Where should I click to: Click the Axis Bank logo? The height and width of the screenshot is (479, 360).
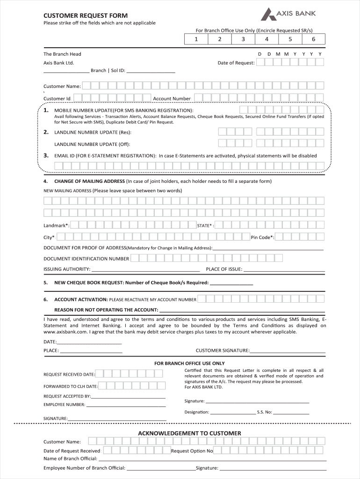(x=288, y=15)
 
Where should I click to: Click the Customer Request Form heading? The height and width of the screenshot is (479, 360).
(x=86, y=15)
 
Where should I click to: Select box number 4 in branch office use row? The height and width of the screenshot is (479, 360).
(x=266, y=39)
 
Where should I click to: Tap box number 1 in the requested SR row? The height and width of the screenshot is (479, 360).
(x=196, y=39)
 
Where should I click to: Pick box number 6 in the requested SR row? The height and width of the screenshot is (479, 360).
(x=313, y=39)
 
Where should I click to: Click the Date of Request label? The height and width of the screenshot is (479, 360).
(x=236, y=63)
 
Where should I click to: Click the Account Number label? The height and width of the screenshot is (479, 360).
(x=172, y=99)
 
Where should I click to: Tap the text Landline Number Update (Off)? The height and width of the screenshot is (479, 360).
(x=92, y=144)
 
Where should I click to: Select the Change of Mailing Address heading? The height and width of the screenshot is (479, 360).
(x=89, y=181)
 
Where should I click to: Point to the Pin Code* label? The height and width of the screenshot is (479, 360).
(x=262, y=237)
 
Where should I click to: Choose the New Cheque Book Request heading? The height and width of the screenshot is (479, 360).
(x=131, y=283)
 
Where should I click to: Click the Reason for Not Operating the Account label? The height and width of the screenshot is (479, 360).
(x=107, y=310)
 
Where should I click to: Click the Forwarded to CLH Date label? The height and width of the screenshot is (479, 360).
(x=71, y=386)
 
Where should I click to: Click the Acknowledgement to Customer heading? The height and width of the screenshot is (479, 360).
(x=189, y=433)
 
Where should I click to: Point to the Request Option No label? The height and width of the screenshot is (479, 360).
(x=192, y=451)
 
